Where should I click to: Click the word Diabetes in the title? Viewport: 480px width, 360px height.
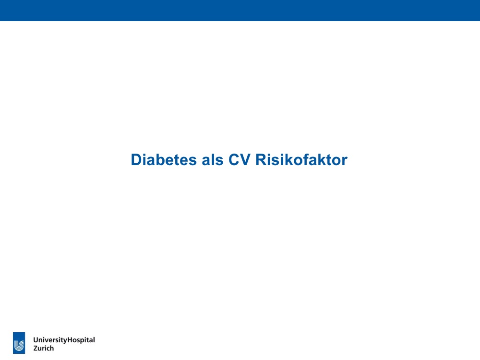click(164, 159)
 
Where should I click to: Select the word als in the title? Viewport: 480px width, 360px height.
click(213, 159)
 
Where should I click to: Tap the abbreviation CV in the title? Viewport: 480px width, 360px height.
click(240, 159)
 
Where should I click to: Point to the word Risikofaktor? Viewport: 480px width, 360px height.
click(301, 159)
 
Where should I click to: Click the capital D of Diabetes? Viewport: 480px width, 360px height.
click(136, 160)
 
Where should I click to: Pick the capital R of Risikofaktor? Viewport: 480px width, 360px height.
click(261, 160)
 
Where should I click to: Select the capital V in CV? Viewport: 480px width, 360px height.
click(245, 160)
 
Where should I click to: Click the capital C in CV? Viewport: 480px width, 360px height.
click(234, 160)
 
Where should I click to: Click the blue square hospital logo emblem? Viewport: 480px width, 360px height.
click(19, 343)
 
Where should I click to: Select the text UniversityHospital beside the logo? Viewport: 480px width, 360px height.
click(64, 340)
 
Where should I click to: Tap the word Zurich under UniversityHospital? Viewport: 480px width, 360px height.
click(44, 348)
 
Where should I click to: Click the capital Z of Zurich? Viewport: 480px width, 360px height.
click(36, 348)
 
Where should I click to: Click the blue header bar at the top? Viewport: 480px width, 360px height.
click(240, 11)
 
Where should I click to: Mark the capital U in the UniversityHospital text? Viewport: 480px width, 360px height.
click(36, 340)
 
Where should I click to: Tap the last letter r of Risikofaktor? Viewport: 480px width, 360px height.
click(345, 161)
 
